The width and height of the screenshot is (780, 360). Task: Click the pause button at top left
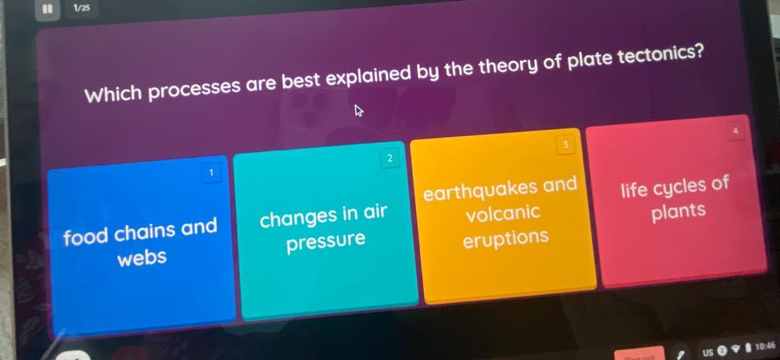[x=47, y=9]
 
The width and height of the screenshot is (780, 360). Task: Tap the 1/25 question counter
[x=82, y=8]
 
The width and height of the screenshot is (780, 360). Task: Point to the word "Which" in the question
[x=113, y=94]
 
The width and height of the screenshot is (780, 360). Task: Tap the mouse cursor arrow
[x=359, y=110]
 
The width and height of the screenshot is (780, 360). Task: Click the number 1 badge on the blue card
[x=211, y=173]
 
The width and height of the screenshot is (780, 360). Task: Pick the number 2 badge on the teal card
[x=389, y=159]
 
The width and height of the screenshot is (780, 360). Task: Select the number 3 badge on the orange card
[x=565, y=144]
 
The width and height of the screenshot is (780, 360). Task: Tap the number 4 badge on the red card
[x=735, y=131]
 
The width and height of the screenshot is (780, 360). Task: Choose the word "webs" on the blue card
[x=142, y=258]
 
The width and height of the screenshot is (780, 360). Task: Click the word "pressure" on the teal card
[x=326, y=241]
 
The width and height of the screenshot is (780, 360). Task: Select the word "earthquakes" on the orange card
[x=480, y=190]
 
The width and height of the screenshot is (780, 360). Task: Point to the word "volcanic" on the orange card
[x=503, y=212]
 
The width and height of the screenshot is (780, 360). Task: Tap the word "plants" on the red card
[x=679, y=211]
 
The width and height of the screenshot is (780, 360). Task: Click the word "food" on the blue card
[x=86, y=237]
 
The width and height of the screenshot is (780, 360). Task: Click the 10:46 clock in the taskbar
[x=765, y=346]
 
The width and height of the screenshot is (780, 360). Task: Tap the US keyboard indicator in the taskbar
[x=708, y=352]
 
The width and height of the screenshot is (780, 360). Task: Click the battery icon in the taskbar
[x=748, y=348]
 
